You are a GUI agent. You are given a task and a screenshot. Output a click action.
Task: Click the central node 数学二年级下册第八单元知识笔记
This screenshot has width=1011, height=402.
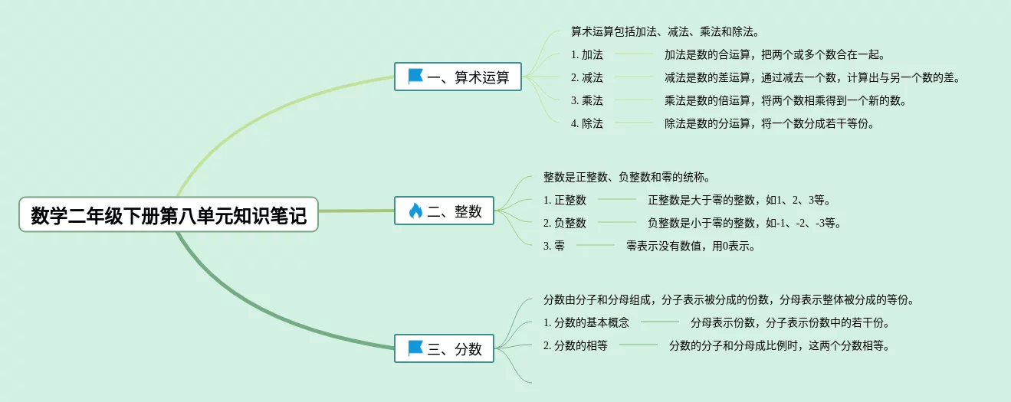pyautogui.click(x=168, y=216)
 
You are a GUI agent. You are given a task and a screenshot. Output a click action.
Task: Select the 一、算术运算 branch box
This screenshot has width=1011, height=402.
pyautogui.click(x=458, y=77)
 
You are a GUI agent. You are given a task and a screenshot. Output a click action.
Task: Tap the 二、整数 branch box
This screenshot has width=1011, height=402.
pyautogui.click(x=444, y=211)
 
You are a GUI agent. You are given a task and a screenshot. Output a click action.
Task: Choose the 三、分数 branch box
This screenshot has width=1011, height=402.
pyautogui.click(x=444, y=348)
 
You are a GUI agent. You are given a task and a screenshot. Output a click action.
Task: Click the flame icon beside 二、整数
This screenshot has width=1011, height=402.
pyautogui.click(x=415, y=211)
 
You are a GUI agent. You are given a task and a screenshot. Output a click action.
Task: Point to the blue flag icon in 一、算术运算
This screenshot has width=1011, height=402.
pyautogui.click(x=415, y=77)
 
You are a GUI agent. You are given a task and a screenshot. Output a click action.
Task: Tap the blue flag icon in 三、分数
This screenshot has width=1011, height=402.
pyautogui.click(x=415, y=348)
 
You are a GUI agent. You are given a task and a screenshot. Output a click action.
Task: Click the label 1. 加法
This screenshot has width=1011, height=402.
pyautogui.click(x=587, y=55)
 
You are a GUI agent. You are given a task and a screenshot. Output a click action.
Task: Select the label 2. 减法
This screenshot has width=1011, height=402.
pyautogui.click(x=587, y=77)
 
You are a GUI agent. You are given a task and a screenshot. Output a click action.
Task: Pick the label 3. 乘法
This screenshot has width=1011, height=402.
pyautogui.click(x=587, y=100)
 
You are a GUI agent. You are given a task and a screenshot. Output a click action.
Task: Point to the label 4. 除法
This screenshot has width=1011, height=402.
pyautogui.click(x=587, y=123)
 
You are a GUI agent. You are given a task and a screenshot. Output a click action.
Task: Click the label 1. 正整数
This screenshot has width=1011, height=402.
pyautogui.click(x=565, y=201)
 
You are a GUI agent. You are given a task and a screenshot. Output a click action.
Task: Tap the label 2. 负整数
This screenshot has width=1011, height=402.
pyautogui.click(x=565, y=224)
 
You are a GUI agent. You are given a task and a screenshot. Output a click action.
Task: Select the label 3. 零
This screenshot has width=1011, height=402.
pyautogui.click(x=554, y=246)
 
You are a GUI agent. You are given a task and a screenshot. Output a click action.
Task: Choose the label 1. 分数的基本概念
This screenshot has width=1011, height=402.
pyautogui.click(x=586, y=322)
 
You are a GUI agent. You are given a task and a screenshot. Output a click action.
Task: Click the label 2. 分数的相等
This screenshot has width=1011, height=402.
pyautogui.click(x=576, y=345)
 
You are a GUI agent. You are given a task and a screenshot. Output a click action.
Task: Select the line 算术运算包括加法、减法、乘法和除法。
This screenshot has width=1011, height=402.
pyautogui.click(x=665, y=32)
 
